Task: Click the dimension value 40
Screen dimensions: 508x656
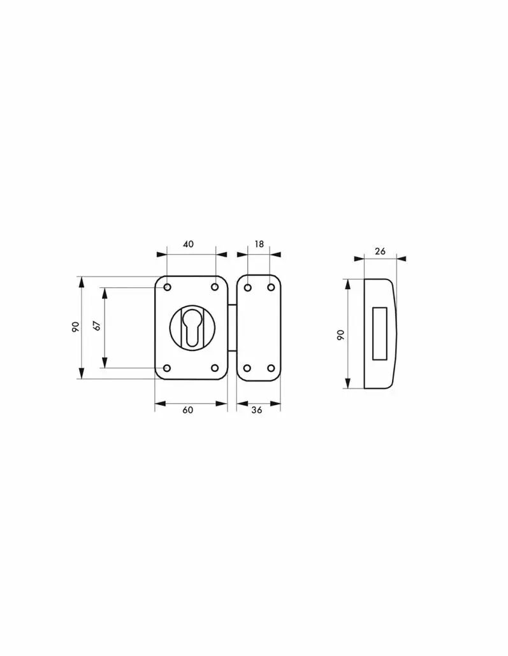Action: pyautogui.click(x=189, y=244)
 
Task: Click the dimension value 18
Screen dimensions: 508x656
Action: pyautogui.click(x=259, y=244)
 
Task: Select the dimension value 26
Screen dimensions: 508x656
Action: pyautogui.click(x=380, y=252)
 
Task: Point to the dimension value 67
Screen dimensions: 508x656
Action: pyautogui.click(x=97, y=326)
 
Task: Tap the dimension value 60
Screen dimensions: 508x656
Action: pyautogui.click(x=187, y=410)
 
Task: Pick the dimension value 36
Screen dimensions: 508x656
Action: pyautogui.click(x=257, y=410)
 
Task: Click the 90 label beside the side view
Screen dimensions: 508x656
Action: pyautogui.click(x=340, y=335)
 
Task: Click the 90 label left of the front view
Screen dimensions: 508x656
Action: pyautogui.click(x=75, y=327)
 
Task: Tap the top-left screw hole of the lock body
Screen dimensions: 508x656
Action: pyautogui.click(x=168, y=287)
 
